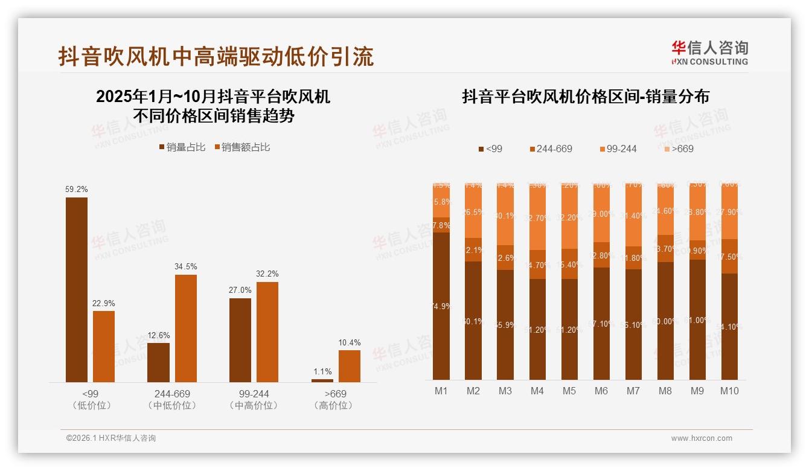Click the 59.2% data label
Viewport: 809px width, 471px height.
click(x=77, y=190)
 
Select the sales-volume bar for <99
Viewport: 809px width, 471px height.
click(x=77, y=290)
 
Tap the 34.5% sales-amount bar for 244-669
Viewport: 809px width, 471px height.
click(x=186, y=328)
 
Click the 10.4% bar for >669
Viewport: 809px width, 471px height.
click(x=349, y=366)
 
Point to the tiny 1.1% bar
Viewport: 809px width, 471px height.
click(x=322, y=380)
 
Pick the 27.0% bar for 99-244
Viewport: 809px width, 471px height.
click(x=240, y=340)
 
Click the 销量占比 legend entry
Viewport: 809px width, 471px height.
click(x=182, y=147)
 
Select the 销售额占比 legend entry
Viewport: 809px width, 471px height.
click(x=242, y=147)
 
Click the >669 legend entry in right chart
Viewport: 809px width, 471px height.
click(x=679, y=149)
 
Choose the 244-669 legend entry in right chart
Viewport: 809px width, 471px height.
click(x=551, y=149)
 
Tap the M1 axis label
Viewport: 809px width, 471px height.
click(x=441, y=391)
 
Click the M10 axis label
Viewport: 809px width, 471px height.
click(x=729, y=391)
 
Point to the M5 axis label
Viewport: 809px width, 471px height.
click(x=569, y=391)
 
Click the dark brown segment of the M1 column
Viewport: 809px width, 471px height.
click(x=441, y=306)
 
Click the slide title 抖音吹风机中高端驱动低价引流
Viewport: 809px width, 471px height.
click(x=216, y=56)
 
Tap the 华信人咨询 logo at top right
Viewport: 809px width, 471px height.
click(x=710, y=53)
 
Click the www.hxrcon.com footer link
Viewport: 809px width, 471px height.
click(x=702, y=438)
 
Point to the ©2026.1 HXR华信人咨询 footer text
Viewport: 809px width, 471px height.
click(x=111, y=438)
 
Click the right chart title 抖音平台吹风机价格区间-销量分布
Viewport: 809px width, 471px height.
click(x=585, y=97)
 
